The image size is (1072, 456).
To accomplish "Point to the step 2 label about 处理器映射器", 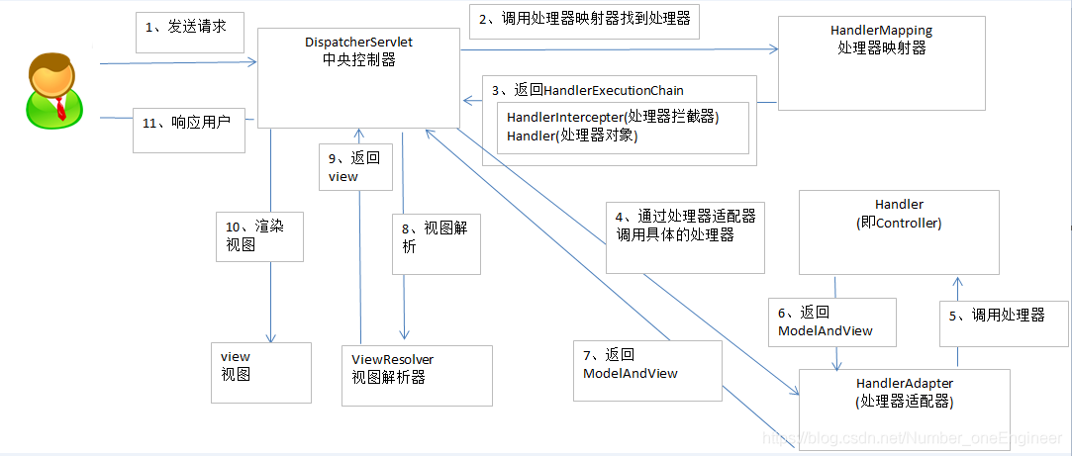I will (x=584, y=18).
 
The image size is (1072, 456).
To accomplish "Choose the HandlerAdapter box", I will (x=905, y=394).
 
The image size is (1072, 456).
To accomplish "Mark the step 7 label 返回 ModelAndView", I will (x=631, y=363).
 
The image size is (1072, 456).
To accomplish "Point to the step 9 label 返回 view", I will (x=353, y=166).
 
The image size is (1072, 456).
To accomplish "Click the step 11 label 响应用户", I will (x=187, y=123).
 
